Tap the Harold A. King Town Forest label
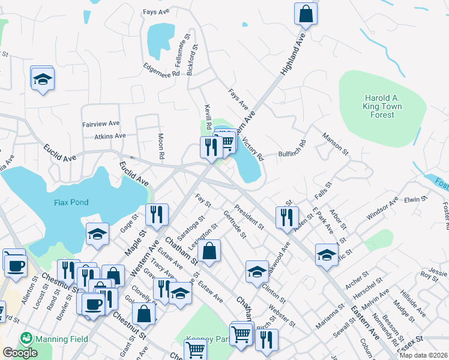coord(383,106)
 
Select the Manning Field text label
coord(62,340)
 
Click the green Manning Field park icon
coord(25,338)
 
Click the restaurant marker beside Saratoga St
coord(157,215)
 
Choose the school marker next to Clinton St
coord(256,271)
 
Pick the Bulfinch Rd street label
coord(292,152)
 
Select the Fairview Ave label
coord(101,124)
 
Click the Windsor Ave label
coord(382,206)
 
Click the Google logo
coord(20,353)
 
